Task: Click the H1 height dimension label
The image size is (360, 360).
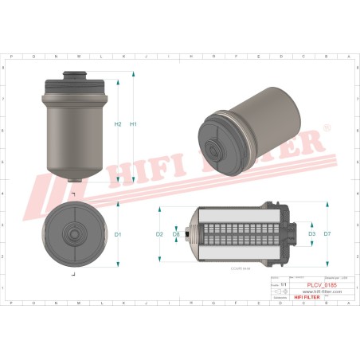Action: pyautogui.click(x=134, y=124)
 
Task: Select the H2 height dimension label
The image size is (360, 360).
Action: pyautogui.click(x=118, y=124)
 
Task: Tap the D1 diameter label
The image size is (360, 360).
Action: pyautogui.click(x=118, y=234)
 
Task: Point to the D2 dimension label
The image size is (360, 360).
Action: pyautogui.click(x=159, y=234)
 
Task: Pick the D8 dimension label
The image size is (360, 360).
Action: pyautogui.click(x=176, y=234)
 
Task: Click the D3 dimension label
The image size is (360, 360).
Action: pyautogui.click(x=311, y=234)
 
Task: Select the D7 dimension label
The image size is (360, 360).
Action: pyautogui.click(x=327, y=234)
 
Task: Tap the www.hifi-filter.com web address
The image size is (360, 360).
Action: pyautogui.click(x=322, y=292)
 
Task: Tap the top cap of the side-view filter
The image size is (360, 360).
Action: pyautogui.click(x=73, y=79)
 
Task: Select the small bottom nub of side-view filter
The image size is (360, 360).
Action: pyautogui.click(x=73, y=179)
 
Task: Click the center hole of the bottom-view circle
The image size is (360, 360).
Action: pyautogui.click(x=72, y=234)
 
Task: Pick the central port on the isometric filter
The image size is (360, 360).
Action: pyautogui.click(x=215, y=149)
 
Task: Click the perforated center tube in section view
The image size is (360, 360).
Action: pyautogui.click(x=237, y=234)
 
